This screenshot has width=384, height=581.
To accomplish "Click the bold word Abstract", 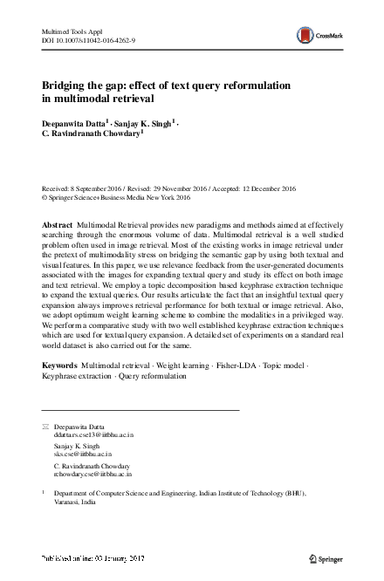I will [x=58, y=225].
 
